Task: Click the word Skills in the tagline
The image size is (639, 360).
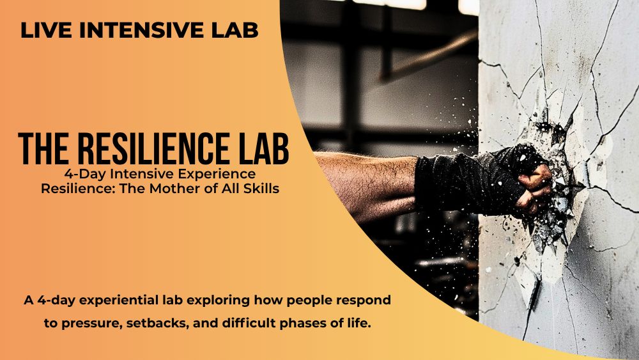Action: pos(256,189)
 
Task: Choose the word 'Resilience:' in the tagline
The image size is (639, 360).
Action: pos(76,189)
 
